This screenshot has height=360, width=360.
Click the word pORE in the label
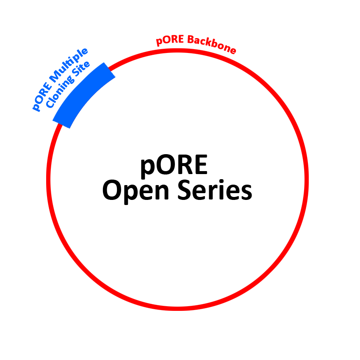[x=170, y=41]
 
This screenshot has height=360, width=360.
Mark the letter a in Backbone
[x=196, y=41]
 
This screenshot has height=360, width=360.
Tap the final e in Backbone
[x=231, y=50]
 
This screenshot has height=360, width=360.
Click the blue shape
[x=68, y=85]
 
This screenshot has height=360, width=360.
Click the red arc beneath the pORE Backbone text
[x=195, y=50]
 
